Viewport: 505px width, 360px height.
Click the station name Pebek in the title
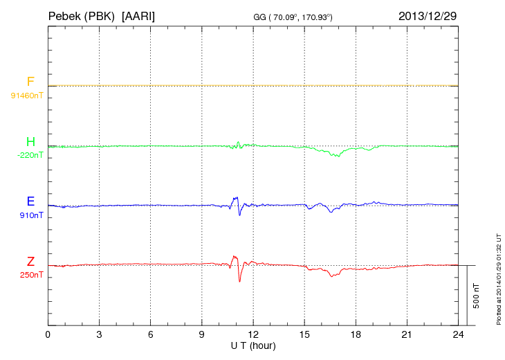point(64,15)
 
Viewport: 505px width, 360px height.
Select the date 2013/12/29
point(428,15)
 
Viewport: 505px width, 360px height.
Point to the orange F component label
point(30,82)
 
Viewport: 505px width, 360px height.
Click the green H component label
point(30,143)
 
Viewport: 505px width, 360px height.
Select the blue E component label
point(30,201)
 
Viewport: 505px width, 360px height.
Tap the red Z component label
point(30,261)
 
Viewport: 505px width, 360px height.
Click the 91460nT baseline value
point(27,95)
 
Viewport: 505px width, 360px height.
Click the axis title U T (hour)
point(253,345)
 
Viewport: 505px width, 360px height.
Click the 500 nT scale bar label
point(476,295)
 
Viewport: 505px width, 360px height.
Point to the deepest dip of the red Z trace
point(240,281)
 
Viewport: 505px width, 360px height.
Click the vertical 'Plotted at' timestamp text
point(498,277)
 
